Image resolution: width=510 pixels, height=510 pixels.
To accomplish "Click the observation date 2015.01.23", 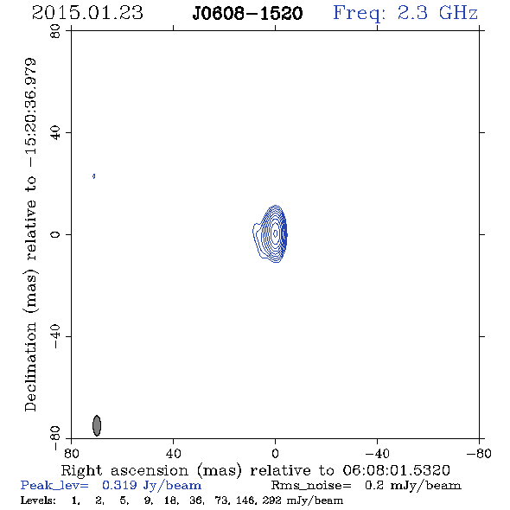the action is [87, 13].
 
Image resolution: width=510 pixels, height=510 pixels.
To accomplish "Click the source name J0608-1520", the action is [247, 14].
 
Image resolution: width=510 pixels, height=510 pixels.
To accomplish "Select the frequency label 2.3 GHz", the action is [437, 13].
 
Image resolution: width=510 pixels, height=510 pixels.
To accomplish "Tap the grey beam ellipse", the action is [97, 425].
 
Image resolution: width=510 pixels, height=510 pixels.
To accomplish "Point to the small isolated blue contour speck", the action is [93, 176].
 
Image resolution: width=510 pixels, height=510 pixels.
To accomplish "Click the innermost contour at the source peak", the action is [276, 233].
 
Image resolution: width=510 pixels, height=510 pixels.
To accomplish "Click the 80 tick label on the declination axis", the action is [55, 31].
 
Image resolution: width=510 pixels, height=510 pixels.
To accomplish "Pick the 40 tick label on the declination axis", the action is [55, 133].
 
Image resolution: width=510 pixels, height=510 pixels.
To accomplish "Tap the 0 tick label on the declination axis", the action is [55, 234].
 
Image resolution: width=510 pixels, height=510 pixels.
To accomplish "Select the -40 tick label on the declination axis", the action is [55, 336].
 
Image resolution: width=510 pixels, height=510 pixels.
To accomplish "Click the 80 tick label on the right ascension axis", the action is [71, 454].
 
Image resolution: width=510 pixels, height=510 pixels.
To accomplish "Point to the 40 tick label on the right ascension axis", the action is [173, 454].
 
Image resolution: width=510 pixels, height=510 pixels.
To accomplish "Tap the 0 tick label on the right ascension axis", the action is [275, 454].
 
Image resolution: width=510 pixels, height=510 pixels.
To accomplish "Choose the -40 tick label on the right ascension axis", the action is [377, 454].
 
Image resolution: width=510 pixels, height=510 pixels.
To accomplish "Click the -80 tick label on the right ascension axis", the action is [479, 454].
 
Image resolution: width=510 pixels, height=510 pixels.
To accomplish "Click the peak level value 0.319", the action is [119, 485].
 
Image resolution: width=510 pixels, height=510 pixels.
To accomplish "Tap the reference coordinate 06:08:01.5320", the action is [396, 470].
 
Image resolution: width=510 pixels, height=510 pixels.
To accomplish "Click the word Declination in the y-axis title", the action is [30, 367].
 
